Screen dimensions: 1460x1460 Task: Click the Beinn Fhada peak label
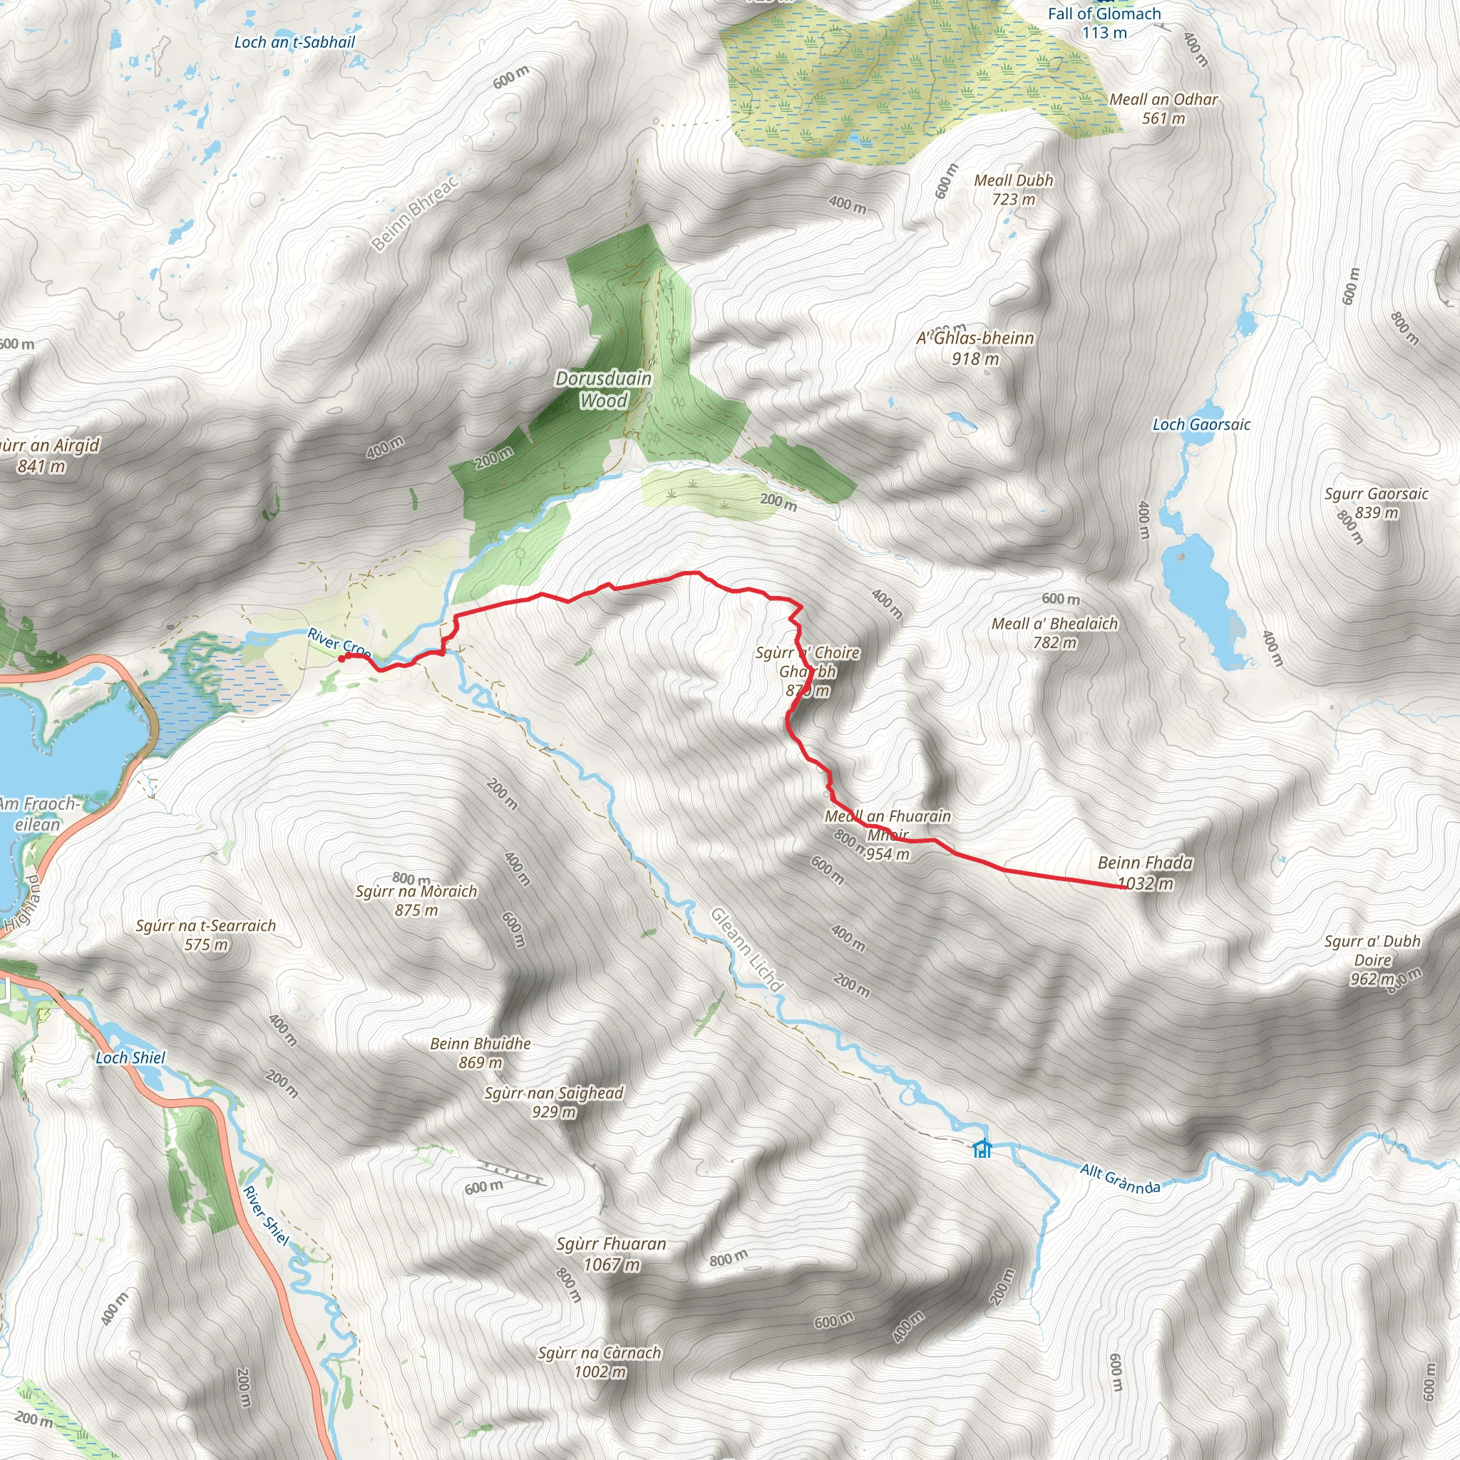(x=1145, y=863)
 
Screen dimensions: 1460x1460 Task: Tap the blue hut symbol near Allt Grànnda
(x=982, y=1148)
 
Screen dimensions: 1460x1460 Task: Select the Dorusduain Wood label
(x=604, y=389)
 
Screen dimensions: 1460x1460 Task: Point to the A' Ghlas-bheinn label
(x=975, y=338)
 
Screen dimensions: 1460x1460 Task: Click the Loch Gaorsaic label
(x=1201, y=425)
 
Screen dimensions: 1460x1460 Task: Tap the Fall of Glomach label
(x=1104, y=14)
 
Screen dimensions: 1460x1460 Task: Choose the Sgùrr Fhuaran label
(x=612, y=1244)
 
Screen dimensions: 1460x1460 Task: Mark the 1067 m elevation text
(x=612, y=1264)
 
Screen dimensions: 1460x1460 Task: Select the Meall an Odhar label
(x=1163, y=99)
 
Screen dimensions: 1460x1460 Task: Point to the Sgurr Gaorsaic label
(x=1376, y=493)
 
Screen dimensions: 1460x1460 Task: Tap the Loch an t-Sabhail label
(x=294, y=42)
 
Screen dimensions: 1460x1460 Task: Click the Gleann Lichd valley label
(x=746, y=949)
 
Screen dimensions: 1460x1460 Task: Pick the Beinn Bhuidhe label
(x=480, y=1044)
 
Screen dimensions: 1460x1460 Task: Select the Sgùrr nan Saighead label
(x=554, y=1093)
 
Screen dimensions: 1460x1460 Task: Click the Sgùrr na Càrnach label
(x=600, y=1352)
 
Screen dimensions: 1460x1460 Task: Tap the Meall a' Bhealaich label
(x=1054, y=624)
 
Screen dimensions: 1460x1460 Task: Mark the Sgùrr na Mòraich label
(x=416, y=891)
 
